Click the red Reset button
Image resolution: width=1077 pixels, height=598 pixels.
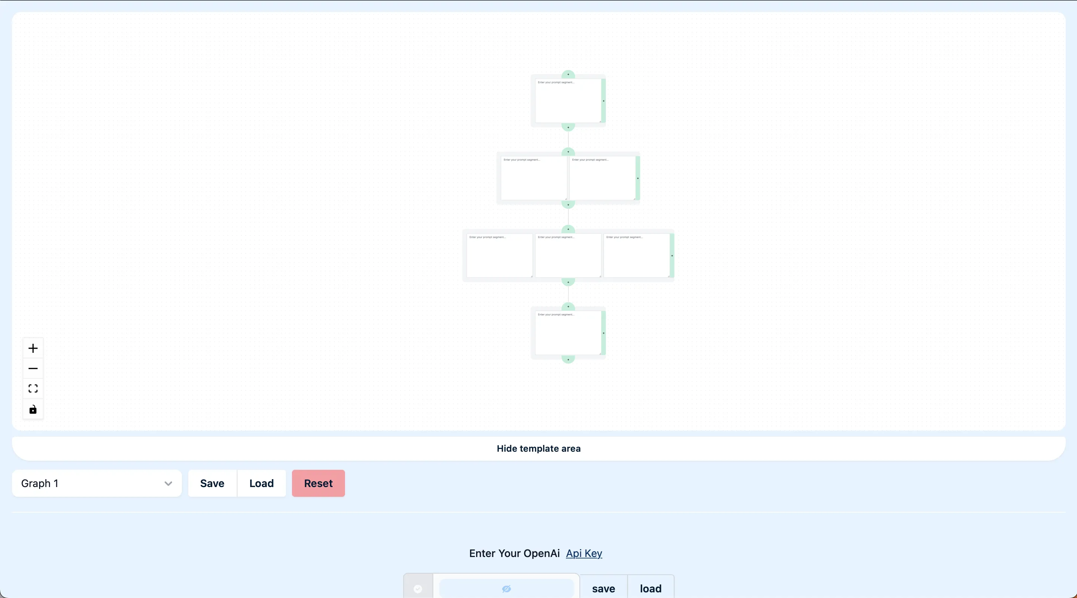(318, 483)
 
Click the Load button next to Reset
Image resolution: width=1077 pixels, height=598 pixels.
(261, 483)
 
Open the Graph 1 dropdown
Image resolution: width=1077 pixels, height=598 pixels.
(97, 483)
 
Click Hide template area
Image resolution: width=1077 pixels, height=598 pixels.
(538, 449)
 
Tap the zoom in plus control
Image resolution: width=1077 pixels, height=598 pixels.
(33, 348)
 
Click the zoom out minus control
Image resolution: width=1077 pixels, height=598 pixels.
(33, 369)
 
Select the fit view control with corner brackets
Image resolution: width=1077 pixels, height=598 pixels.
(33, 389)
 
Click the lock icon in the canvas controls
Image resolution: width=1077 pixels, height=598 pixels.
(33, 409)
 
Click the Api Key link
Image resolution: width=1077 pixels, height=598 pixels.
(584, 553)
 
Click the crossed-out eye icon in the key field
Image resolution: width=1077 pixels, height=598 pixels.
(506, 589)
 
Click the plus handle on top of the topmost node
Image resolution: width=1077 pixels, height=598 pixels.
(568, 74)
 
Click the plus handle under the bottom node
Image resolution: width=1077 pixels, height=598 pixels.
(568, 360)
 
